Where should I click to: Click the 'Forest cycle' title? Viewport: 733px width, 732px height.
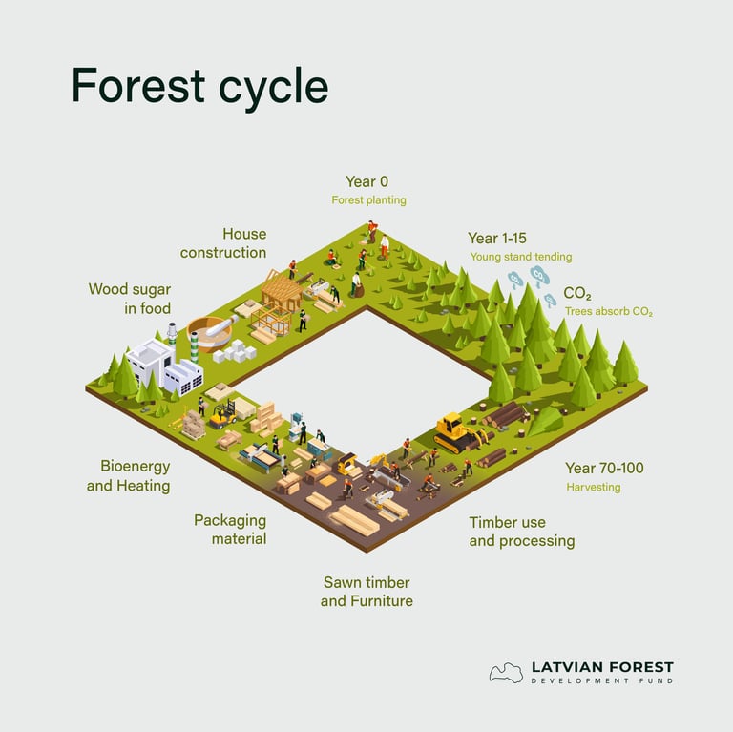(199, 87)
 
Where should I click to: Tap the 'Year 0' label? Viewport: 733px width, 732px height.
(366, 181)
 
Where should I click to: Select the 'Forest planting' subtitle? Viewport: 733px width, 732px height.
(368, 200)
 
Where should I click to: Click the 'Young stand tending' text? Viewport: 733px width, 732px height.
(521, 257)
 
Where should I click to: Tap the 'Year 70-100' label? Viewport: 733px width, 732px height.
(604, 468)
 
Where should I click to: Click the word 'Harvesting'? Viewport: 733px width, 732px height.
(593, 487)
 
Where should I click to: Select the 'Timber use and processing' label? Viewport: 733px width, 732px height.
(521, 532)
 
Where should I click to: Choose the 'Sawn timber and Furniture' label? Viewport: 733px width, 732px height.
(366, 592)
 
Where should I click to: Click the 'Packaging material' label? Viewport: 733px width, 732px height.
(230, 530)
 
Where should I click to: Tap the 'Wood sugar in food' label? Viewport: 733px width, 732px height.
(130, 299)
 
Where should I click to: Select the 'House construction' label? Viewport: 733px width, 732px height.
(223, 243)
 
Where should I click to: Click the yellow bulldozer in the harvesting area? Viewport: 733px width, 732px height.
(455, 432)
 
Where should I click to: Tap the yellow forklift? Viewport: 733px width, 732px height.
(222, 413)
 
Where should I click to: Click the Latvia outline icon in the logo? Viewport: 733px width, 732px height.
(506, 673)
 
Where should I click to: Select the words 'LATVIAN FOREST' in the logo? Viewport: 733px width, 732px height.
(601, 667)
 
